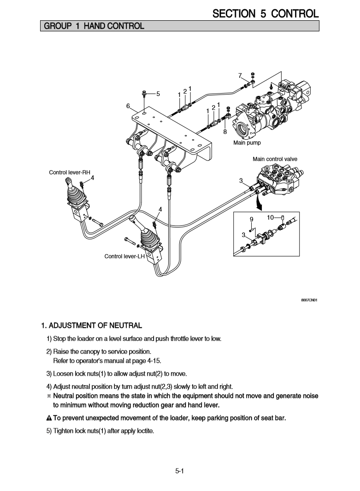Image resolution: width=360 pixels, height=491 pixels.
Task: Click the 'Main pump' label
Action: click(x=247, y=143)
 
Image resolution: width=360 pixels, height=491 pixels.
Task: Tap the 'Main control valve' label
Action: click(x=275, y=159)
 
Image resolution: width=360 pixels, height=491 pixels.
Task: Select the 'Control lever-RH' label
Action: click(x=70, y=172)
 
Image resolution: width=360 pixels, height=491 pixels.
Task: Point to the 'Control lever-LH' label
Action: click(x=124, y=256)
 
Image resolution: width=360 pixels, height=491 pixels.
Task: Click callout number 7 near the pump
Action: click(x=240, y=76)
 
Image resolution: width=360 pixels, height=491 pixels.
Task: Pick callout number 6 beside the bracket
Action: click(x=128, y=106)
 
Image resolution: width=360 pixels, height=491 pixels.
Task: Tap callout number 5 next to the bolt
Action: click(x=158, y=94)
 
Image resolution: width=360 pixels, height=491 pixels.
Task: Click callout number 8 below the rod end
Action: click(x=225, y=131)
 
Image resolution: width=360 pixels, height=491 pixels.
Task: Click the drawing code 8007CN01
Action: click(x=310, y=300)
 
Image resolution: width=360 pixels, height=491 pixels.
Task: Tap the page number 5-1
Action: click(x=180, y=471)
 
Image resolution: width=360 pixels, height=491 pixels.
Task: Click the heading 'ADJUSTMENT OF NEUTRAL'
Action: click(x=95, y=326)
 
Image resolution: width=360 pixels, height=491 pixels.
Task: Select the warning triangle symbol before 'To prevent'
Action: click(x=49, y=419)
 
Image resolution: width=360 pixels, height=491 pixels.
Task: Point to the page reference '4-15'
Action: click(x=153, y=361)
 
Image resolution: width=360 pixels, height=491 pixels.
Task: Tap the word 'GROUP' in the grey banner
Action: click(x=56, y=26)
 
